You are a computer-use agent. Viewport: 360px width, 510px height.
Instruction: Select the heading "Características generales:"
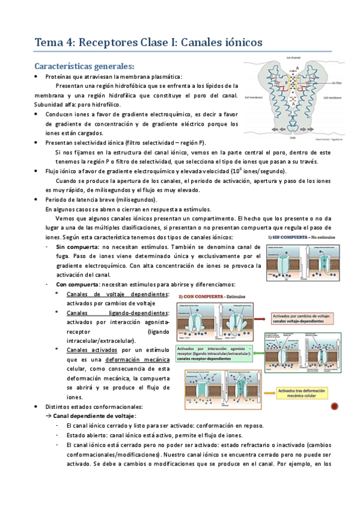(84, 65)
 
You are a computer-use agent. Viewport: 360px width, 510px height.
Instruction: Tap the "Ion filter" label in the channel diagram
(338, 84)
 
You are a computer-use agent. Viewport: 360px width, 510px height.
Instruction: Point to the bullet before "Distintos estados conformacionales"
(37, 407)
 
